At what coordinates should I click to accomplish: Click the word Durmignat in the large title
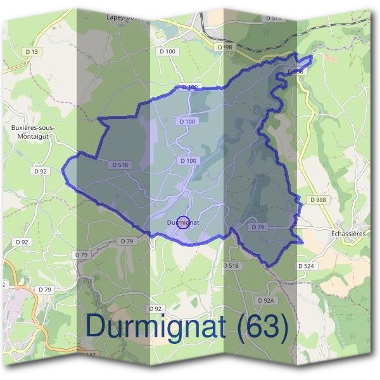(155, 326)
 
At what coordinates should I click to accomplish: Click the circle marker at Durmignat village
(184, 222)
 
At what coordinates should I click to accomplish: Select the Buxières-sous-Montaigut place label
(33, 131)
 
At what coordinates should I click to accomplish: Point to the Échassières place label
(350, 233)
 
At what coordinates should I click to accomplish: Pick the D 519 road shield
(273, 18)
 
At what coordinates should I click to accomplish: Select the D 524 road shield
(306, 266)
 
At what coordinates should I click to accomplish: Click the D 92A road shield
(266, 300)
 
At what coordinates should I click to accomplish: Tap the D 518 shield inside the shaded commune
(120, 165)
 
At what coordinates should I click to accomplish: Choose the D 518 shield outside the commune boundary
(231, 265)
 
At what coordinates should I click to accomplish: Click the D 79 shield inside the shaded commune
(258, 227)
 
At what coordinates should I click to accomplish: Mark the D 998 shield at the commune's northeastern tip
(294, 72)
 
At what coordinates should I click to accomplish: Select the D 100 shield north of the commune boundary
(167, 51)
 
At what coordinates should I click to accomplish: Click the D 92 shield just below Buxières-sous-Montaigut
(40, 171)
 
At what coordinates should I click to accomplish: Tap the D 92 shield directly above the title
(155, 308)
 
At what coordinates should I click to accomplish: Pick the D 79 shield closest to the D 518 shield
(127, 241)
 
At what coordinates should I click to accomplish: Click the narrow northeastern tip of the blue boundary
(310, 58)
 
